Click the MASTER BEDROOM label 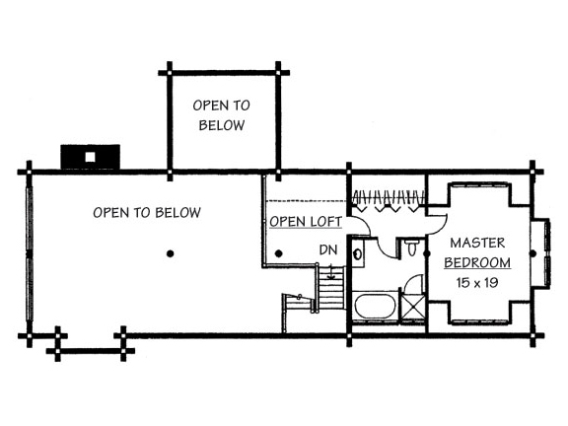click(477, 252)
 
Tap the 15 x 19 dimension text click(477, 282)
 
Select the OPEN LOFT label click(306, 221)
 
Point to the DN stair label click(328, 249)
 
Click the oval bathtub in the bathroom click(376, 306)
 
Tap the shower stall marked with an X click(413, 308)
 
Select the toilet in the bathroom click(412, 248)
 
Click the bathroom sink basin click(358, 254)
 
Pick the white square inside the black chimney click(90, 157)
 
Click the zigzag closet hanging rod click(389, 197)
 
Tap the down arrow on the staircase click(330, 272)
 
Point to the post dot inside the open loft click(278, 253)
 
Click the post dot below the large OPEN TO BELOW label click(170, 253)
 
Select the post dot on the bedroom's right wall click(532, 253)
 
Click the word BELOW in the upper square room click(222, 125)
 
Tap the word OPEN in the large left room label click(111, 213)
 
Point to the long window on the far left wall click(30, 253)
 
